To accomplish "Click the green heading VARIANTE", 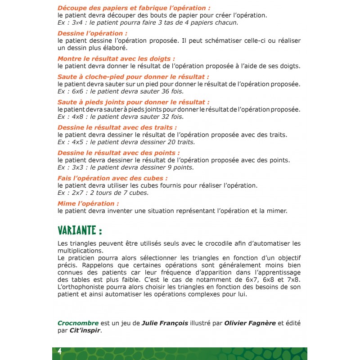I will pyautogui.click(x=80, y=230).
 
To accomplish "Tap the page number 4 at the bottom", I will pyautogui.click(x=59, y=351).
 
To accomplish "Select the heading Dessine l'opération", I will pyautogui.click(x=92, y=33).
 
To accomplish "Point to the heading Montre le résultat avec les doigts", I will pyautogui.click(x=116, y=58).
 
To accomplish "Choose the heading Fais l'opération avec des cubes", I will pyautogui.click(x=109, y=178).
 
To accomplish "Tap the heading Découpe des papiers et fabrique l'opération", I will pyautogui.click(x=134, y=8).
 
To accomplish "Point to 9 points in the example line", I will pyautogui.click(x=179, y=167).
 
